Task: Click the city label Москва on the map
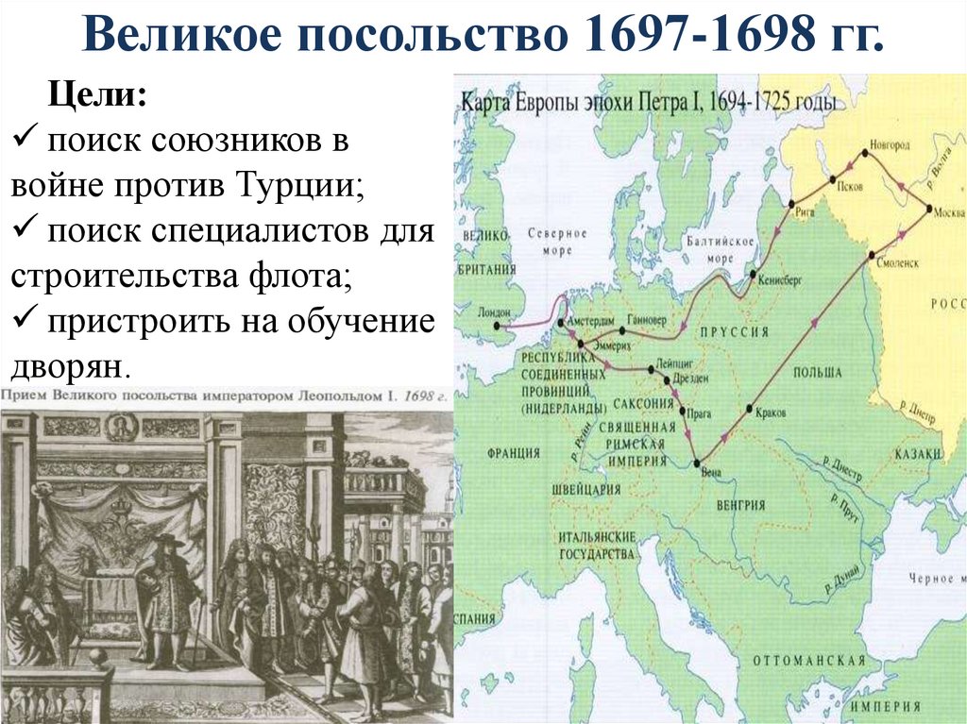point(948,210)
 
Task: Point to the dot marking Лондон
point(497,326)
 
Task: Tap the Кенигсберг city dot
point(753,275)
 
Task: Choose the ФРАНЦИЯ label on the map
point(514,452)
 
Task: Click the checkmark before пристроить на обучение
point(24,319)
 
